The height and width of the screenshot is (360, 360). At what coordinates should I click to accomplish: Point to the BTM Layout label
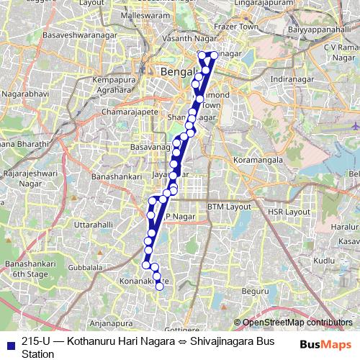tap(227, 207)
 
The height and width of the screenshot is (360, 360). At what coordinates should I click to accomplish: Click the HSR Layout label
tap(287, 212)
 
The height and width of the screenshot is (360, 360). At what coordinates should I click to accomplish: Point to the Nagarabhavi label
tap(25, 94)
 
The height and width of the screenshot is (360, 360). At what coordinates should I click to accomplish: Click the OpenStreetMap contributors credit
tap(293, 323)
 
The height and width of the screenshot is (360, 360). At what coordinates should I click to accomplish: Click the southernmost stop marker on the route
tap(160, 288)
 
